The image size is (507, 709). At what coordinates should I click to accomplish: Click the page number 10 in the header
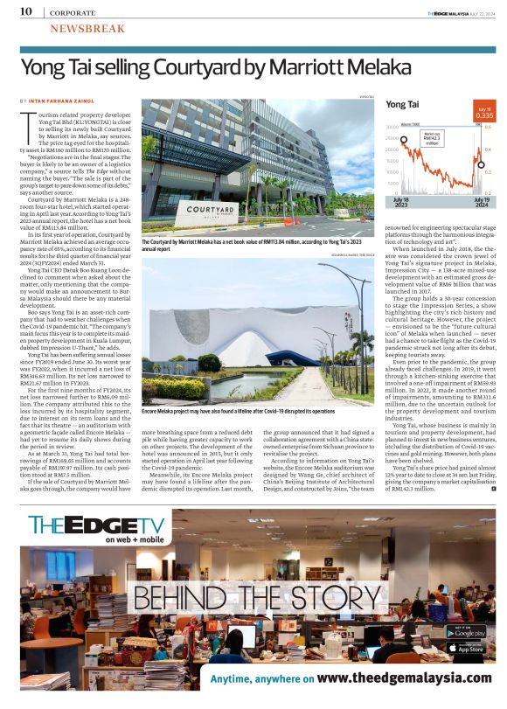pos(25,11)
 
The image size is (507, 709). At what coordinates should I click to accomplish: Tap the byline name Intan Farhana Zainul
pos(66,102)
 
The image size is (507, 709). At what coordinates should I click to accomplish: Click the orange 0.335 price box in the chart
pos(483,115)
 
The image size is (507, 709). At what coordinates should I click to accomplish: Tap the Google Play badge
pos(469,631)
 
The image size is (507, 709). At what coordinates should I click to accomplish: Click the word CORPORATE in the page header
pos(73,12)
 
